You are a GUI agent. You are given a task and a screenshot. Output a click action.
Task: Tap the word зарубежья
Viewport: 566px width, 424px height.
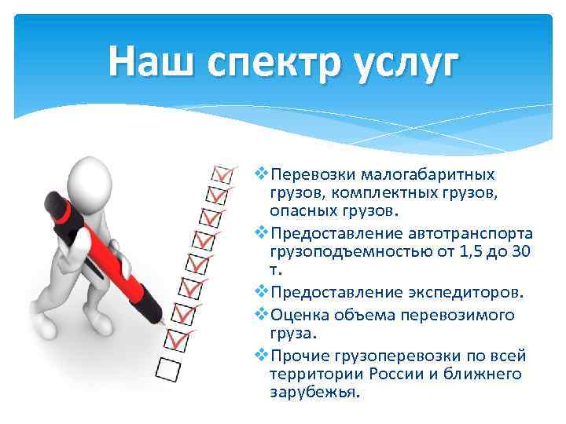314,393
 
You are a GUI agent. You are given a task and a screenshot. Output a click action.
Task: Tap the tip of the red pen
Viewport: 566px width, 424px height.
163,322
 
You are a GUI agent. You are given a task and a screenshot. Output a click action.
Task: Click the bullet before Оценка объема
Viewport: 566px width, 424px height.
262,315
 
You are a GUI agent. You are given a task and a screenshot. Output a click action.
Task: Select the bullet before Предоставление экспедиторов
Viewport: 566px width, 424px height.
262,293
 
